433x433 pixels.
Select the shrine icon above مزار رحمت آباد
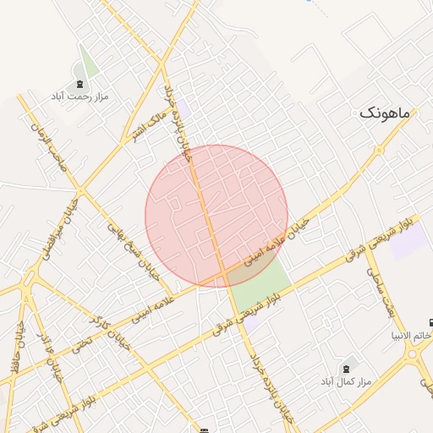click(x=80, y=84)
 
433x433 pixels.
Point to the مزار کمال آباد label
click(x=343, y=383)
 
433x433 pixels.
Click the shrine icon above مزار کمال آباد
click(x=345, y=369)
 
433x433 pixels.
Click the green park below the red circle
click(x=259, y=284)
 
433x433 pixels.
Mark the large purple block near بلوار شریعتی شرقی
click(x=409, y=242)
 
